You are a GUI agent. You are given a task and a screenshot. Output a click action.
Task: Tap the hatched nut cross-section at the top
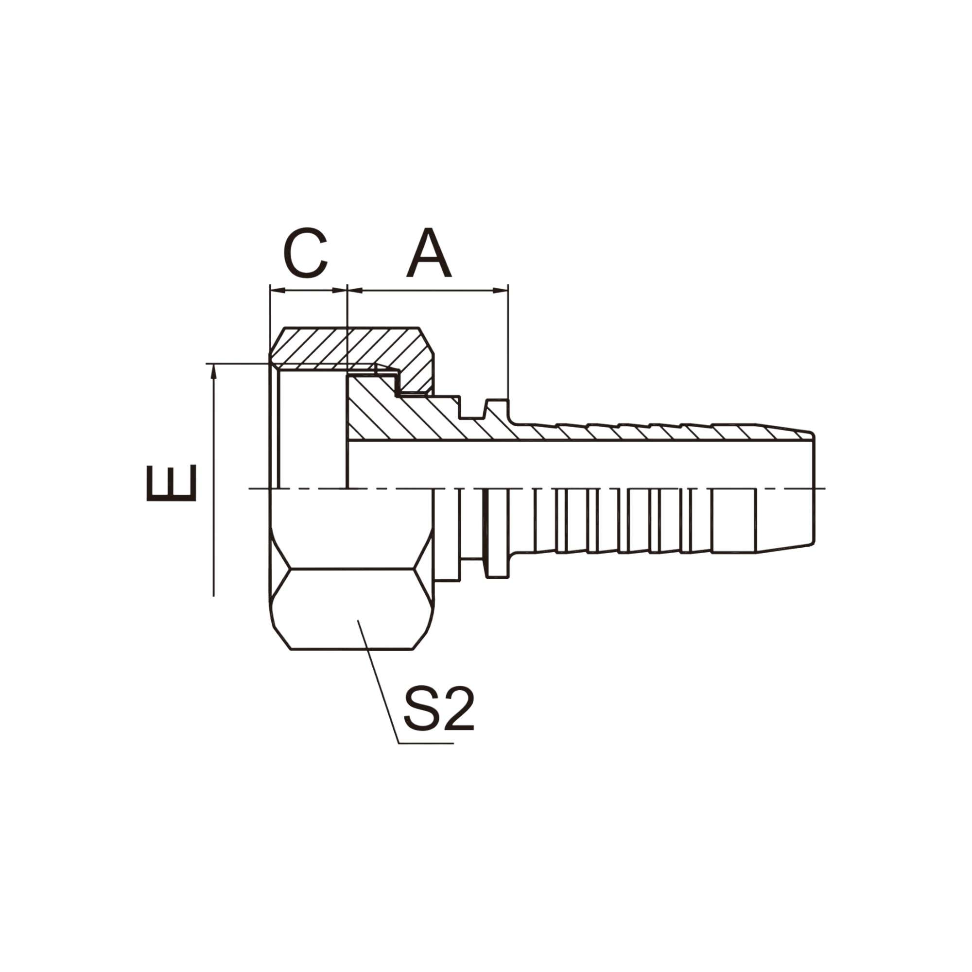[x=352, y=347]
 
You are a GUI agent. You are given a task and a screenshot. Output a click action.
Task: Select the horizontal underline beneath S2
[x=426, y=743]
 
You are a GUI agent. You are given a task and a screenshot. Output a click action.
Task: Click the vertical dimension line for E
[x=214, y=478]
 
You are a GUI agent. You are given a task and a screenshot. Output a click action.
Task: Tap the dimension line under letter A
[x=428, y=290]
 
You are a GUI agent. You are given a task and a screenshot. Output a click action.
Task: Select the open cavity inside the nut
[x=312, y=428]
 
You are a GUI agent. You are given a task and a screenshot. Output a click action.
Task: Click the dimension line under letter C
[x=309, y=290]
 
